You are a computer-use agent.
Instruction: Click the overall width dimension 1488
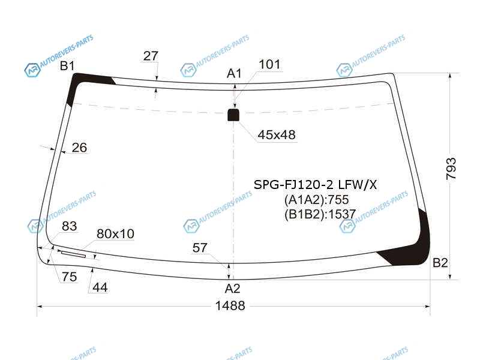(230, 305)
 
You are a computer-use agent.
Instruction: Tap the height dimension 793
(451, 169)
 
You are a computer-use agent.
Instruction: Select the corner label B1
(67, 66)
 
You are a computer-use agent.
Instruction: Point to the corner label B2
(440, 263)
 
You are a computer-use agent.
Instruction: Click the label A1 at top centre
(234, 73)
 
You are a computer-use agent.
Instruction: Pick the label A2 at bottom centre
(232, 289)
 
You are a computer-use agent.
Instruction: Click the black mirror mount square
(233, 115)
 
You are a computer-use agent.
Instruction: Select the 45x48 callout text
(277, 134)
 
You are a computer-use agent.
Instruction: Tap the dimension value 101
(269, 65)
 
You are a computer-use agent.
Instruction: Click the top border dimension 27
(151, 56)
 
